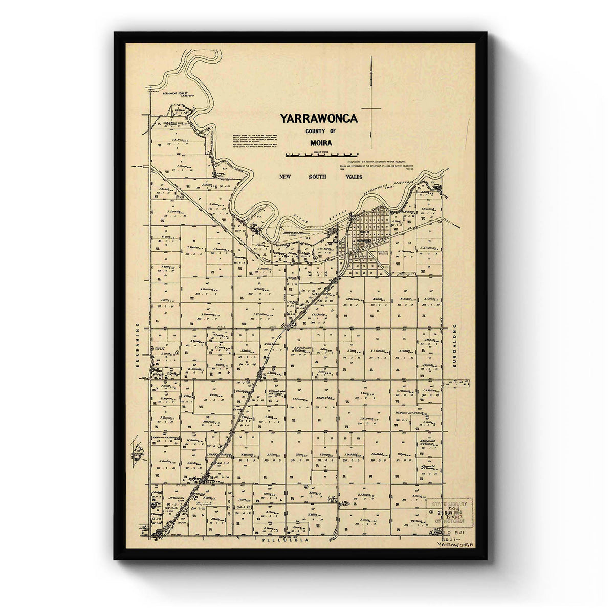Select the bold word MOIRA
(321, 143)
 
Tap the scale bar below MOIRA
(321, 154)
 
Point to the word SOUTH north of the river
(317, 177)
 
